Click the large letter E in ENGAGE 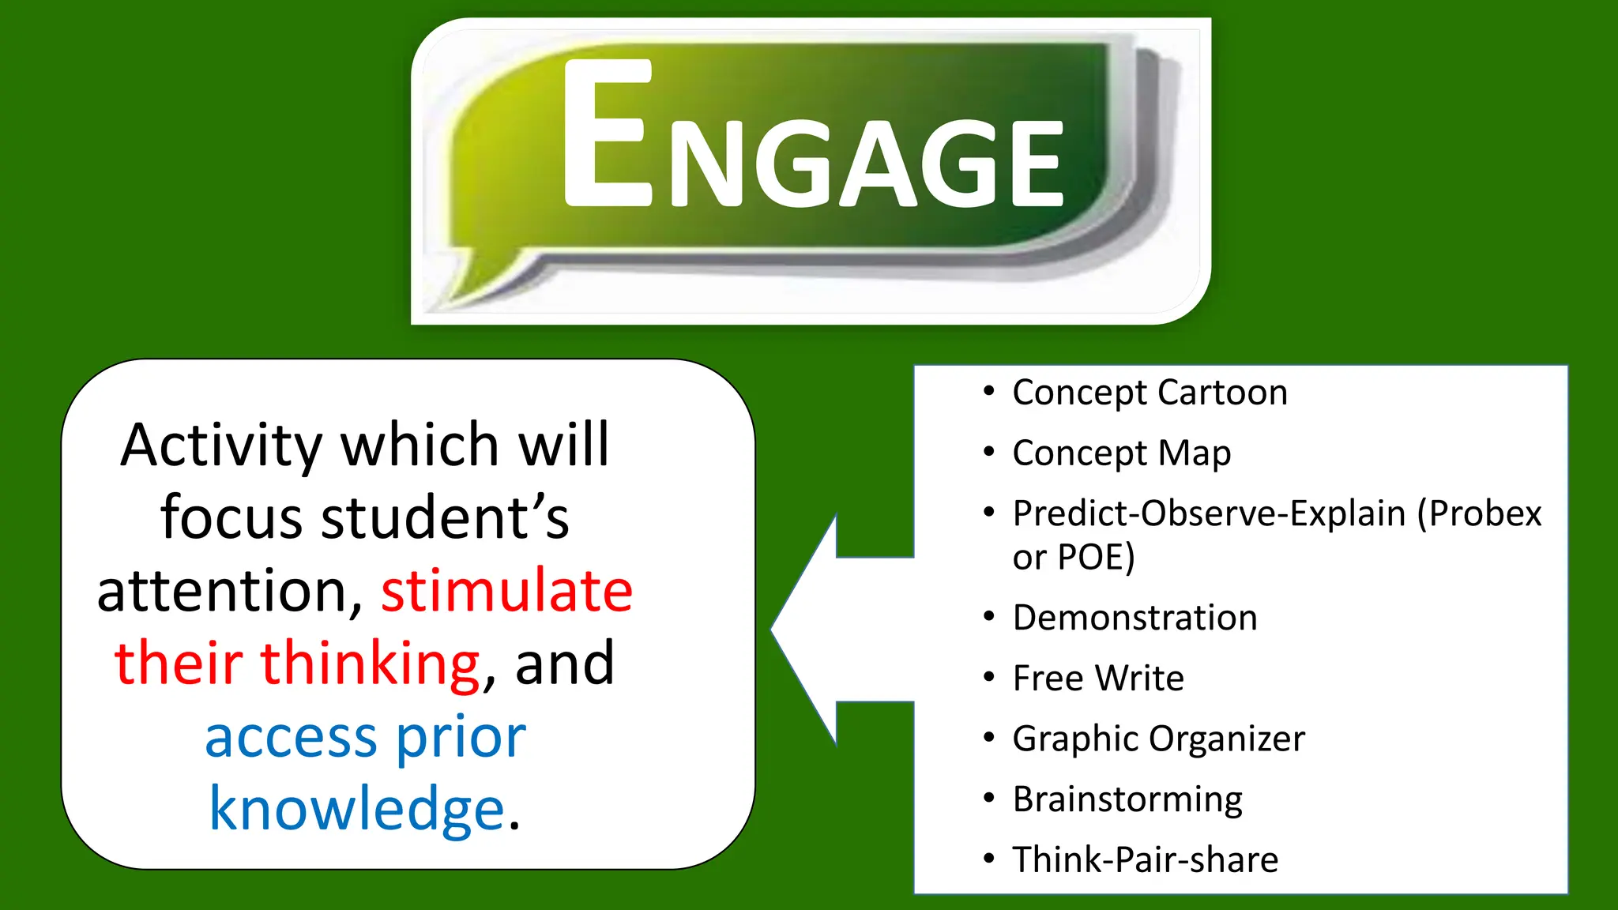[x=607, y=134]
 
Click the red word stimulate [x=506, y=591]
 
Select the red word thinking [x=370, y=664]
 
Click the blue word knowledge [x=356, y=810]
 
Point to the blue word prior [x=460, y=738]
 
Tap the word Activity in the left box [x=221, y=446]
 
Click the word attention [x=229, y=591]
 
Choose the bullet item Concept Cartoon [x=1150, y=393]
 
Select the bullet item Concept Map [x=1121, y=453]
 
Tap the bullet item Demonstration [x=1134, y=618]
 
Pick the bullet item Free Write [x=1098, y=679]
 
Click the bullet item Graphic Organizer [x=1158, y=739]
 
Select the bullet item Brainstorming [x=1127, y=799]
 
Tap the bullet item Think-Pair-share [x=1145, y=859]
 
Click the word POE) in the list [x=1096, y=558]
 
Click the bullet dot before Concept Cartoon [x=988, y=391]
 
